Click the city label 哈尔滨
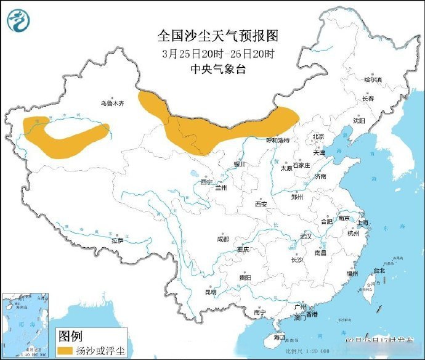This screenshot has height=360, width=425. [373, 80]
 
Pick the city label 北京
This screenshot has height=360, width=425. [318, 136]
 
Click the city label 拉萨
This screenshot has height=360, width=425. [117, 240]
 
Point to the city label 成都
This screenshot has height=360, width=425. [222, 239]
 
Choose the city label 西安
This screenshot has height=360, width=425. [261, 204]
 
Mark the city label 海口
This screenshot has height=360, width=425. [279, 337]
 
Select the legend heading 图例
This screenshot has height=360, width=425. [70, 337]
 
